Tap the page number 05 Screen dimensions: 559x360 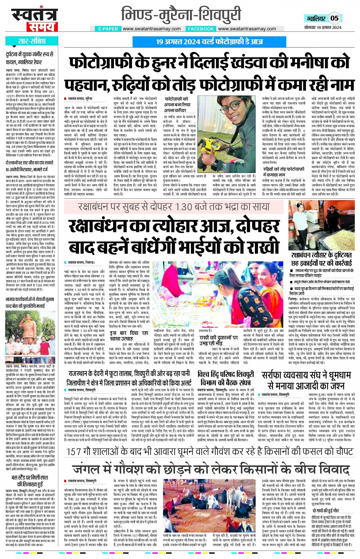tap(334, 18)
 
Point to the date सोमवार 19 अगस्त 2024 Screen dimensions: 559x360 tap(323, 27)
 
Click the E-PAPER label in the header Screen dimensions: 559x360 tap(108, 29)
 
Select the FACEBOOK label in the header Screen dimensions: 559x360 tap(201, 29)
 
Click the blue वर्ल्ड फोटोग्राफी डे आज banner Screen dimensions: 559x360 tap(209, 42)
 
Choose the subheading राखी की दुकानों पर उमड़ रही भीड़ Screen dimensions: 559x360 tap(219, 340)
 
